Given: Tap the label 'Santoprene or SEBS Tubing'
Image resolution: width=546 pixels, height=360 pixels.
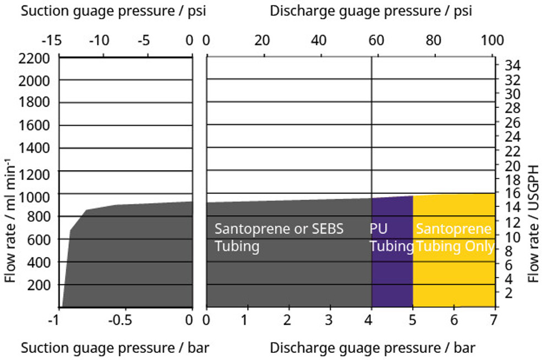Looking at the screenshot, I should click(x=279, y=237).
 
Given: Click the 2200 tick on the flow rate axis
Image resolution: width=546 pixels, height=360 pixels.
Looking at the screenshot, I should click(x=35, y=58).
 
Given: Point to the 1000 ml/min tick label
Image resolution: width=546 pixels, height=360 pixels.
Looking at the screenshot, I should click(x=35, y=195).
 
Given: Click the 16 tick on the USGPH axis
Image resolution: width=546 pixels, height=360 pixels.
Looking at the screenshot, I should click(x=510, y=193).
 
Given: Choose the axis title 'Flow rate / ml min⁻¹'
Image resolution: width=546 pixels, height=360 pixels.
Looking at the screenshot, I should click(x=10, y=220).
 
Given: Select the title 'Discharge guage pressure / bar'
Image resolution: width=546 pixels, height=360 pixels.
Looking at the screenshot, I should click(x=373, y=348).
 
